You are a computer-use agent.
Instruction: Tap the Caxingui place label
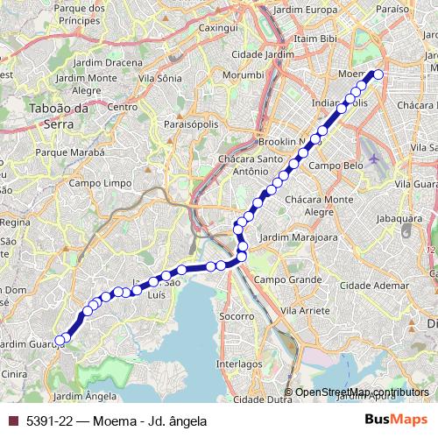point(220,28)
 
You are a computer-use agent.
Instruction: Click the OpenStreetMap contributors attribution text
point(362,392)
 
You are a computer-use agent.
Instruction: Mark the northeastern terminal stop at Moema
point(378,74)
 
